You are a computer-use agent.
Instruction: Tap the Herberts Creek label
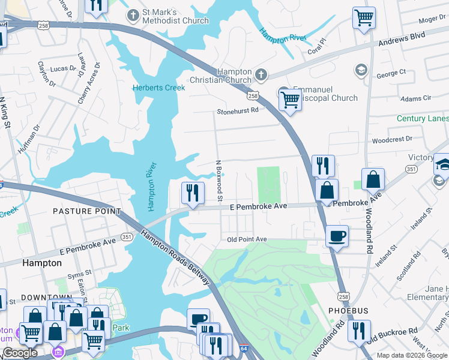[158, 88]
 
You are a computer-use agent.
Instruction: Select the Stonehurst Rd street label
[238, 110]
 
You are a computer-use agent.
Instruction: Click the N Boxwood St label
[220, 181]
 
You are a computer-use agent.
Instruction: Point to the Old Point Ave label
[247, 239]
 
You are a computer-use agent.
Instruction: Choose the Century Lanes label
[422, 119]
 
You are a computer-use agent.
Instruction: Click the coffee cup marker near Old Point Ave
[337, 235]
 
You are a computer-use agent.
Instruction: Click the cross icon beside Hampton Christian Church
[261, 75]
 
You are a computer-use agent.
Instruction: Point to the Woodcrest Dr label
[392, 139]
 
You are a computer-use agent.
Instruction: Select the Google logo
[20, 353]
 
